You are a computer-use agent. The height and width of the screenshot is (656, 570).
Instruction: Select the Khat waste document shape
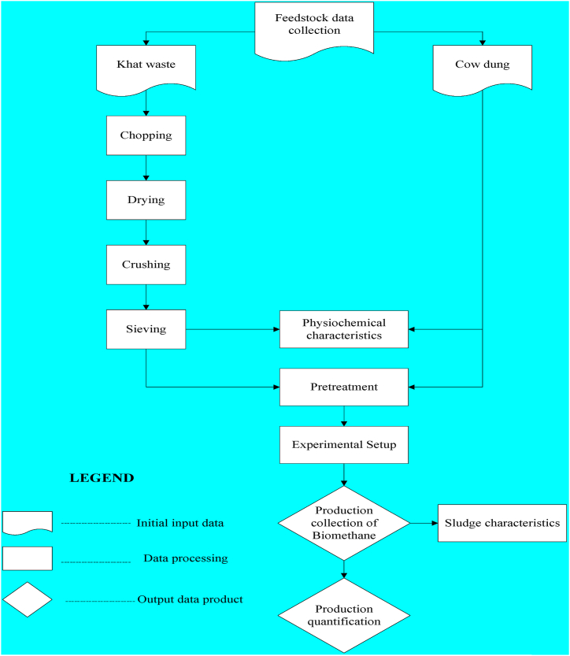click(x=146, y=65)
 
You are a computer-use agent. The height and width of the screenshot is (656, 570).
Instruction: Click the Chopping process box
click(x=146, y=135)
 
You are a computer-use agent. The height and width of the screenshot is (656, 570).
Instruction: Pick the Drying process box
click(x=146, y=200)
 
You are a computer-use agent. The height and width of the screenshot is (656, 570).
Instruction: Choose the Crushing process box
click(x=146, y=265)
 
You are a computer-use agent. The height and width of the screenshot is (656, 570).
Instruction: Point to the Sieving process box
click(x=146, y=329)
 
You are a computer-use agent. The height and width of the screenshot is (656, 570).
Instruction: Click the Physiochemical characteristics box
click(x=344, y=329)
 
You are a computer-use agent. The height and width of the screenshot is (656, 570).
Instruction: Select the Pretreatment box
click(x=344, y=387)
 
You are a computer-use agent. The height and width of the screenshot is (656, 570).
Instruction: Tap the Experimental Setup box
click(x=344, y=445)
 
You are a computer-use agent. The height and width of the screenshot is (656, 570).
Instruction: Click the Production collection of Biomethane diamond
click(x=344, y=522)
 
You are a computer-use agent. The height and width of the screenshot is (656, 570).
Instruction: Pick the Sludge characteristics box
click(x=502, y=523)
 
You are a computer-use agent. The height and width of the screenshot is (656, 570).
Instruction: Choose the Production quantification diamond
click(x=344, y=615)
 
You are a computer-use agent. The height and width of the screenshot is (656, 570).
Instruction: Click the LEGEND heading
click(x=102, y=478)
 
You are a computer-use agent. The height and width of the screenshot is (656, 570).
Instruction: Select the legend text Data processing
click(x=185, y=558)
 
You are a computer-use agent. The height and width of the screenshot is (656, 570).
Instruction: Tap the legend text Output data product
click(x=190, y=599)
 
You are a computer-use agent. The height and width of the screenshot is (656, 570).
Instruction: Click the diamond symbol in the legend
click(x=28, y=599)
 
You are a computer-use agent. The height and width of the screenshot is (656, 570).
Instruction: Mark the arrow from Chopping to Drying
click(x=146, y=168)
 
